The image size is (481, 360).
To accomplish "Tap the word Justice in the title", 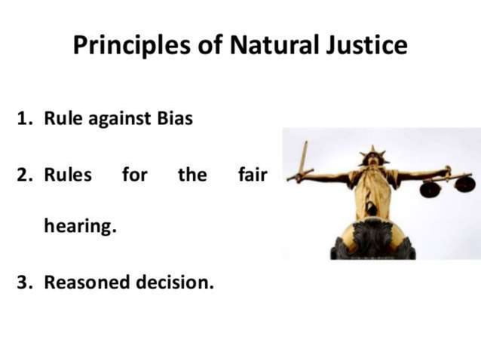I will coord(370,46).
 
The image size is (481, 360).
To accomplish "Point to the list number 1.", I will coord(23,118).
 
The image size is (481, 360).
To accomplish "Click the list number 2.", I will coord(24,175).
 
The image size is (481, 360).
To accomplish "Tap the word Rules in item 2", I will coord(67,175).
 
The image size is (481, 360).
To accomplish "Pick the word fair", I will coord(253,175).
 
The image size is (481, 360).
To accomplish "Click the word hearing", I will coord(80,227).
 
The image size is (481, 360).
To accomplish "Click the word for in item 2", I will coord(134,175).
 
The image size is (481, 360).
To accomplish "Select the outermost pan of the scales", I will coord(465,184).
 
